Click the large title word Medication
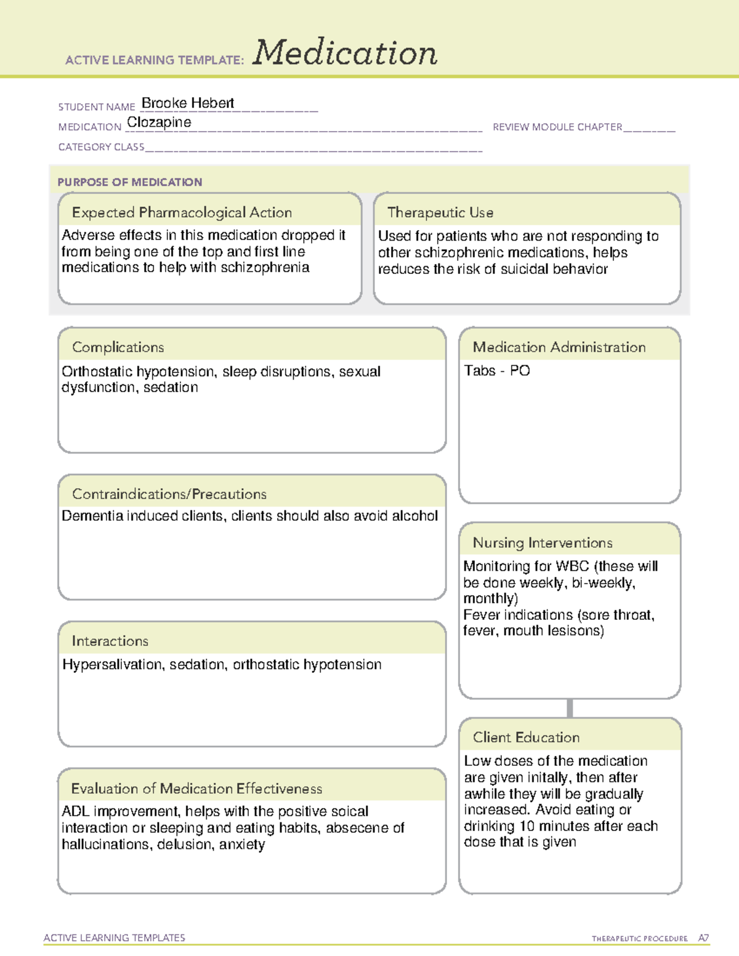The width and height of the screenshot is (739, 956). tap(345, 53)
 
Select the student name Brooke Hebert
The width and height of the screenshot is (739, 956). tap(188, 103)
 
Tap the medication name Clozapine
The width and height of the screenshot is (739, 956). tap(159, 123)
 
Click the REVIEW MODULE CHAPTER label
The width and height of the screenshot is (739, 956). tap(557, 127)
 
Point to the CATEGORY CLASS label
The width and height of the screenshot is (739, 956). tap(101, 147)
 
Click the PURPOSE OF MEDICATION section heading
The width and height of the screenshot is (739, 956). tap(130, 182)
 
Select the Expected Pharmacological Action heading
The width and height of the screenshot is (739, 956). tap(182, 213)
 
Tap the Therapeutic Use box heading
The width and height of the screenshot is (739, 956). tap(440, 213)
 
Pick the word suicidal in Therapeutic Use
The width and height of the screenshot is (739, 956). tap(525, 270)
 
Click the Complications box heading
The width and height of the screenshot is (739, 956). tap(118, 348)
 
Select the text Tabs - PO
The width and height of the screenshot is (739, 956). tap(497, 371)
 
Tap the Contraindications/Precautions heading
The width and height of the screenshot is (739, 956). tap(169, 494)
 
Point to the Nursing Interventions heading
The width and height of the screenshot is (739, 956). tap(543, 543)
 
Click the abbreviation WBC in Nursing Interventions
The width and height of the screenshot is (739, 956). tap(572, 566)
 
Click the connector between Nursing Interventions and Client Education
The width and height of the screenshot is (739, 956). tap(570, 708)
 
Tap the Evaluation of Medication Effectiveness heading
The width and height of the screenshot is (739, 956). tap(196, 789)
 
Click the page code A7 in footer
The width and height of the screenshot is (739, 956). tap(703, 938)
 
